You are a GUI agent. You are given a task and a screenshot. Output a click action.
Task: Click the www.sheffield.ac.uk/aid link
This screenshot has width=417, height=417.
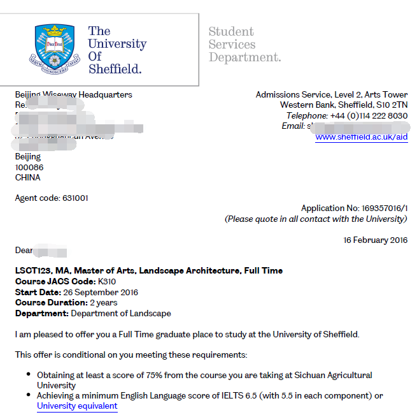click(361, 137)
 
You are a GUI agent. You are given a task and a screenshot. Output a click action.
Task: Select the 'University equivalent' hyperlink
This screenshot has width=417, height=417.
click(77, 406)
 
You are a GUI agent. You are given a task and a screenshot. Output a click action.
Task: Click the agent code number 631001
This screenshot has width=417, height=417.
click(75, 198)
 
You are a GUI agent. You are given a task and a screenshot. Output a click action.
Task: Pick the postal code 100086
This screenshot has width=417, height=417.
click(29, 167)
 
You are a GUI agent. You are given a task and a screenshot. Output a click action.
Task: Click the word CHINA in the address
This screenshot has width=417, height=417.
click(27, 177)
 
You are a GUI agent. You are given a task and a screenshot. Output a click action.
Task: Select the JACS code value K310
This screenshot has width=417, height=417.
click(107, 282)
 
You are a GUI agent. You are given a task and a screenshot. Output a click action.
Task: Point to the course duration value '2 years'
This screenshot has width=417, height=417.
click(104, 303)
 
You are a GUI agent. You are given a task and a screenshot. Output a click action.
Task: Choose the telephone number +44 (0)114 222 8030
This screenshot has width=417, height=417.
click(369, 115)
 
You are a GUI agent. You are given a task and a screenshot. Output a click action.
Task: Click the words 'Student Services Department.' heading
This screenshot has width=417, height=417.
click(244, 45)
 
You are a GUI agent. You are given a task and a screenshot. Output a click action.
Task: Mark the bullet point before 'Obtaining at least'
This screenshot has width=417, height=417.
click(29, 376)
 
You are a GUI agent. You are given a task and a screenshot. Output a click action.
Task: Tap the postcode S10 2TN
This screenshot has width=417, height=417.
click(392, 105)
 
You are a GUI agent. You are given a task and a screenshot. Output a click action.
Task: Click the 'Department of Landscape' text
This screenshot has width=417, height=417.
click(121, 313)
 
